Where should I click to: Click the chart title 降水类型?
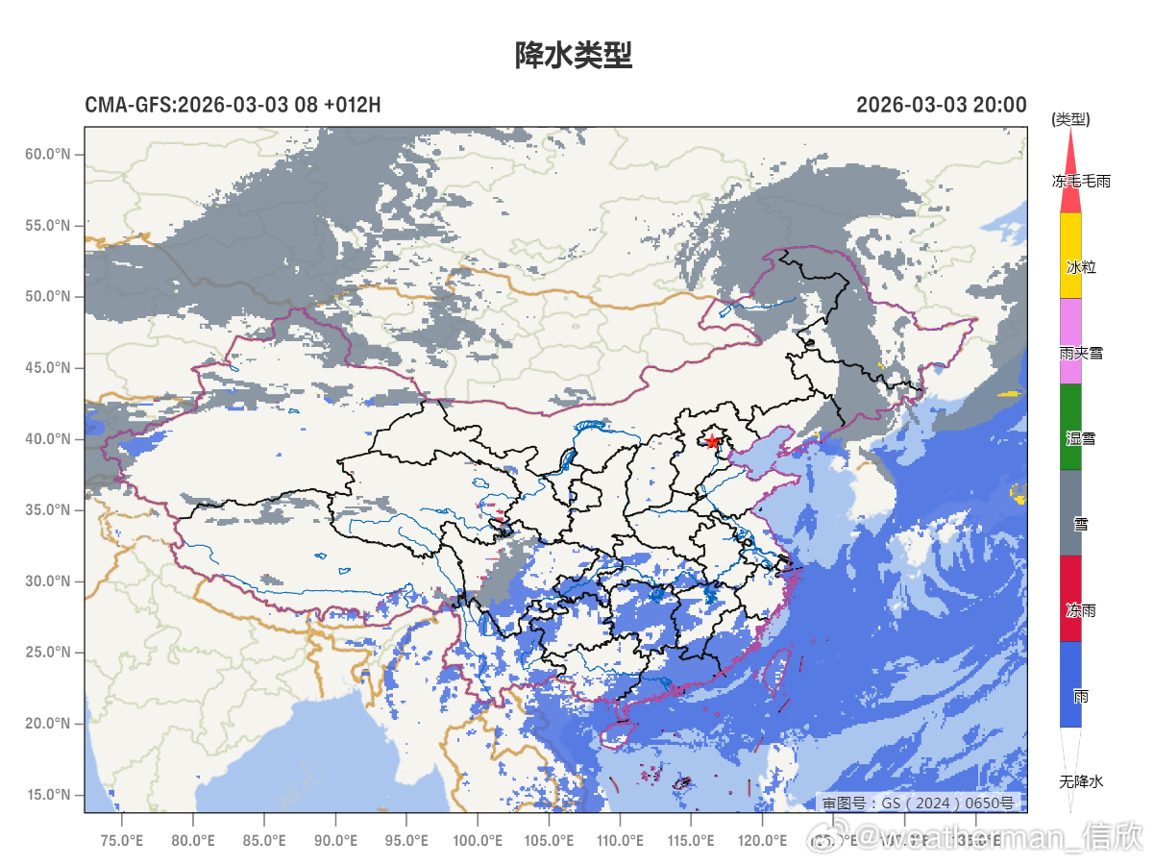tap(574, 55)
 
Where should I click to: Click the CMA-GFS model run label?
tap(233, 105)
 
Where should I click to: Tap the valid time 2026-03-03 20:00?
tap(941, 105)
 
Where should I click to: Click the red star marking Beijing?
tap(712, 441)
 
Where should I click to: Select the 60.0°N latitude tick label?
tap(48, 154)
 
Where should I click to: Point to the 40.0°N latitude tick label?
tap(48, 439)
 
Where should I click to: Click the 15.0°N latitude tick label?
tap(48, 795)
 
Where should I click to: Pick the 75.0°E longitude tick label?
tap(122, 841)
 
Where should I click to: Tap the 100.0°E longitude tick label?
tap(478, 841)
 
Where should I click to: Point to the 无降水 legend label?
tap(1082, 781)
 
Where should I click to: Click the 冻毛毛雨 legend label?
tap(1081, 181)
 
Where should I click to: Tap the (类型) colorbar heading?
tap(1070, 119)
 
